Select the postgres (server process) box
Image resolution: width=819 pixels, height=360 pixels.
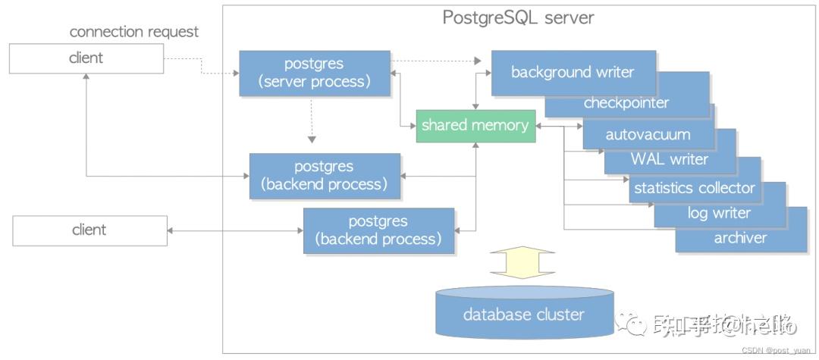(x=315, y=74)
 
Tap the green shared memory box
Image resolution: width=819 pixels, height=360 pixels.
(x=475, y=125)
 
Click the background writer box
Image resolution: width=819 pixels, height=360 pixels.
(x=573, y=73)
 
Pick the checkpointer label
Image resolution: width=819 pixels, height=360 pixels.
(x=626, y=103)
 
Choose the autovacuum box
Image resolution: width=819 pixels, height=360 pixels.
(x=648, y=135)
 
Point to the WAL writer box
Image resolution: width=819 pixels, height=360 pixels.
(x=669, y=159)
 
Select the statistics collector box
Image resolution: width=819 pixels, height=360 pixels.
(x=694, y=187)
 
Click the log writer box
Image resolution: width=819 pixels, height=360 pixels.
(x=718, y=213)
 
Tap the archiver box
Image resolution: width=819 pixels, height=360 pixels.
(x=740, y=238)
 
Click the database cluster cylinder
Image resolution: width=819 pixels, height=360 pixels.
(x=524, y=313)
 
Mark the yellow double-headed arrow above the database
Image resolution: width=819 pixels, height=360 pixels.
(x=524, y=263)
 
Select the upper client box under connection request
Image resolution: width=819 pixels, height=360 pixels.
(x=86, y=58)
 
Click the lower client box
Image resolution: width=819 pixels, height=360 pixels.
(x=89, y=230)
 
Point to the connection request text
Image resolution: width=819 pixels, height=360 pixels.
(x=134, y=32)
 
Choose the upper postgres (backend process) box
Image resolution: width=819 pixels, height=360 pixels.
(x=325, y=176)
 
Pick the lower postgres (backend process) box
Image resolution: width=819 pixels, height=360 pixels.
(x=378, y=230)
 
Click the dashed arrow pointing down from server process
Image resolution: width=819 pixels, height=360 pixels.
(x=311, y=121)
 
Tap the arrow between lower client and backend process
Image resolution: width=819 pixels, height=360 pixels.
(x=235, y=230)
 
